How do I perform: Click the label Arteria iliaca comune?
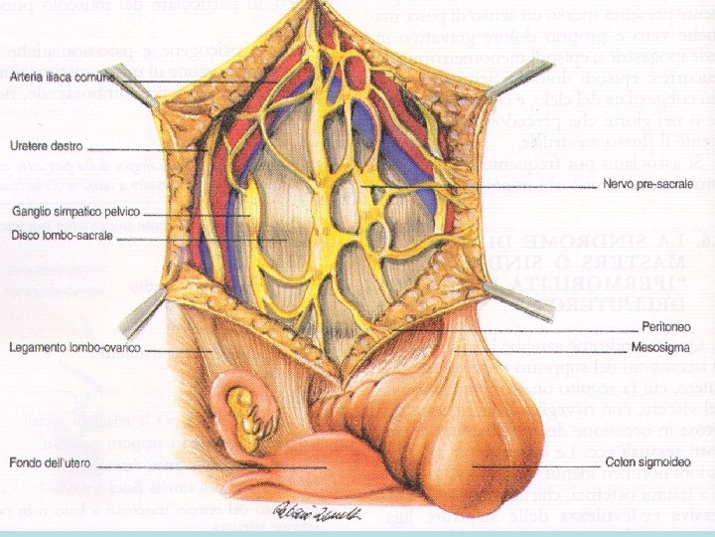pos(62,77)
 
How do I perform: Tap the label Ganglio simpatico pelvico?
pos(76,212)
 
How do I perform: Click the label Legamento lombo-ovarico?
pos(73,348)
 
